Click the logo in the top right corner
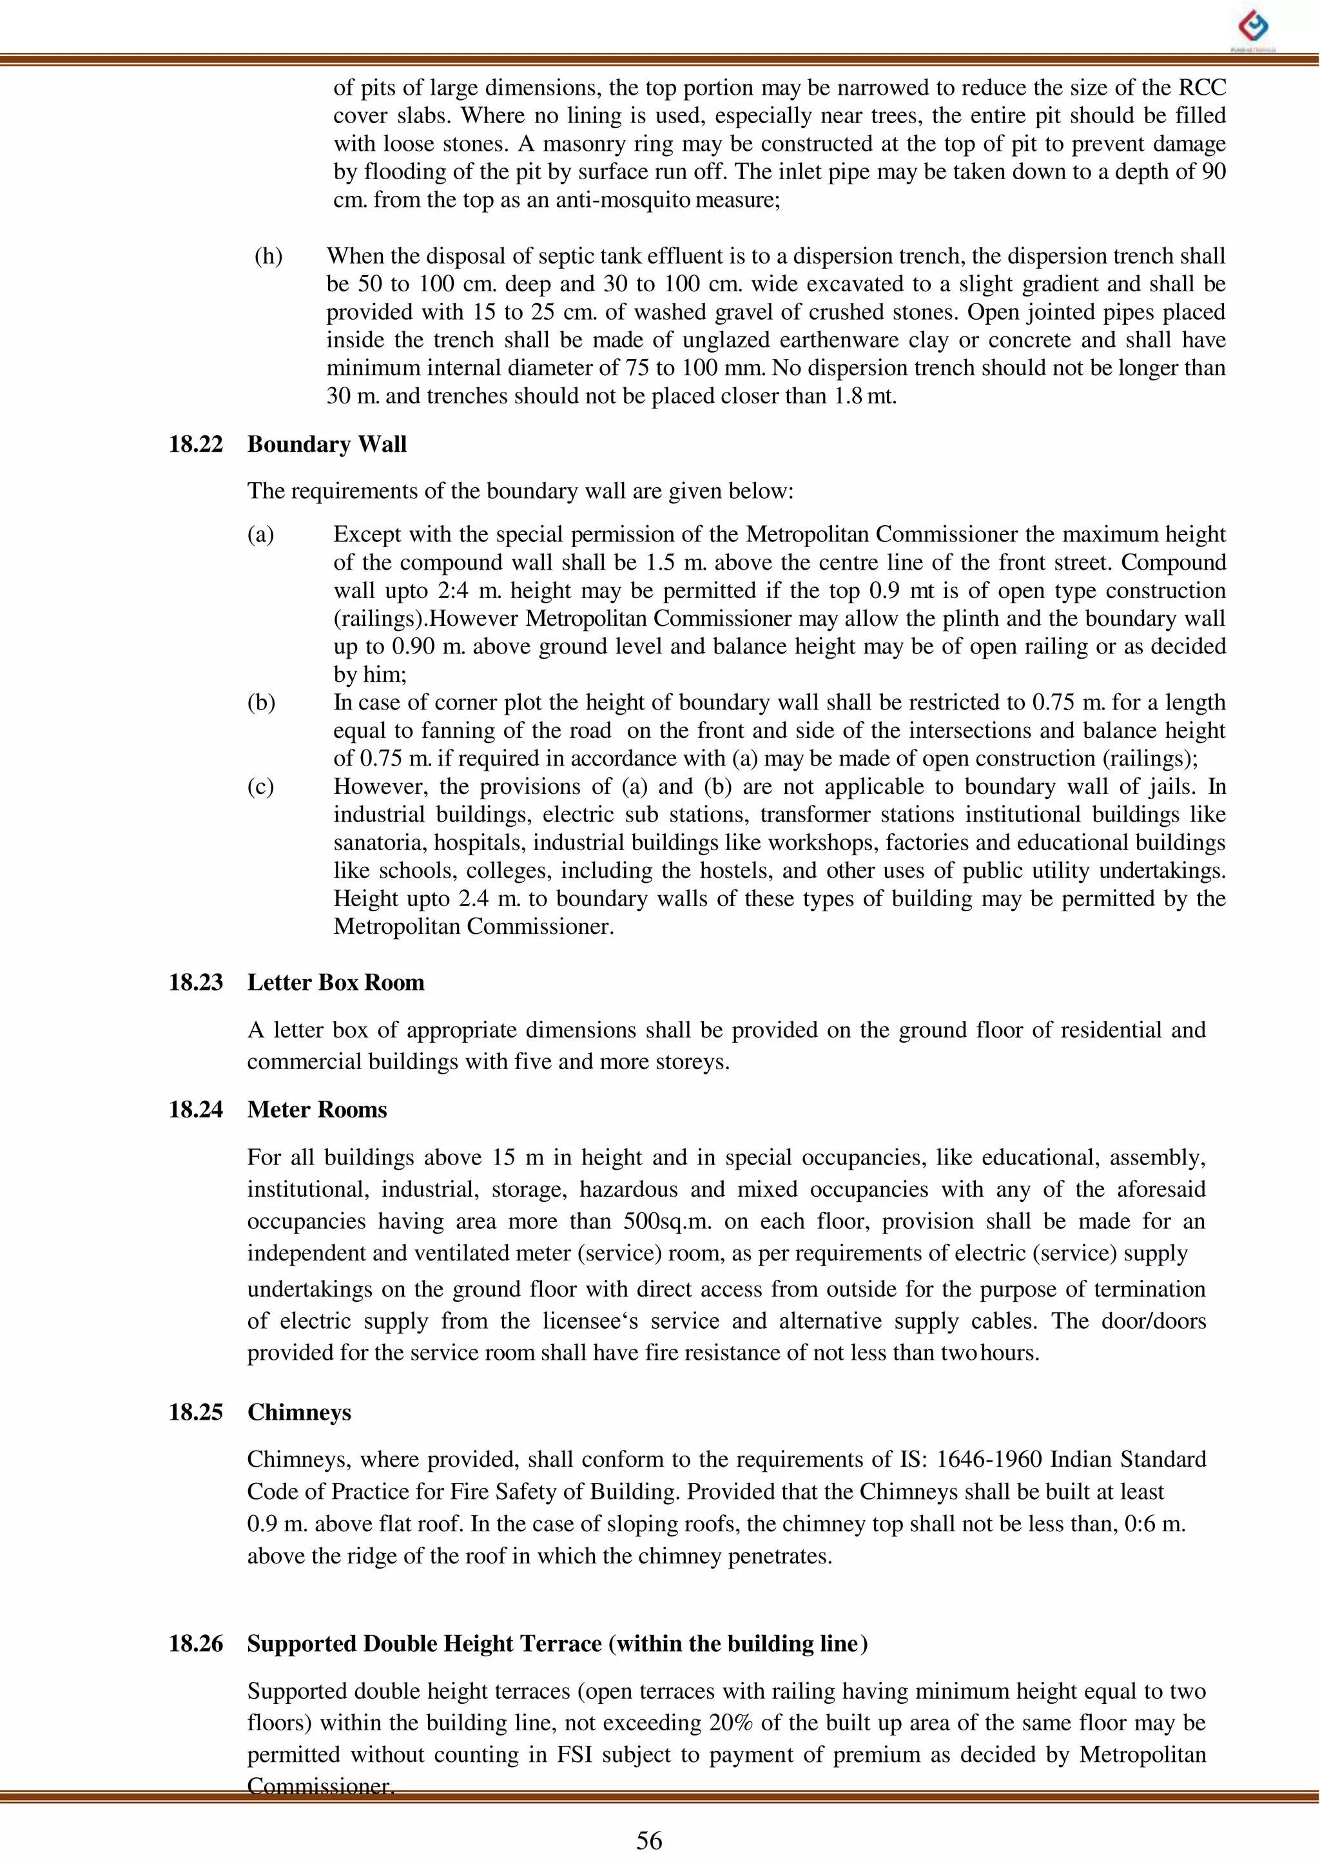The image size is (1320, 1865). [1252, 28]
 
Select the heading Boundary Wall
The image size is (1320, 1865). [327, 445]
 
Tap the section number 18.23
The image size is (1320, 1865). [195, 983]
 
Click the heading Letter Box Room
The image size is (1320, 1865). [336, 983]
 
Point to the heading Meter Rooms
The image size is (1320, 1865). [317, 1110]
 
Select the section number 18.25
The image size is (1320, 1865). [195, 1413]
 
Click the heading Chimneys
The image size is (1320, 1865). [299, 1413]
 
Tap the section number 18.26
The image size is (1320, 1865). [195, 1644]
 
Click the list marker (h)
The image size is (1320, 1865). [268, 256]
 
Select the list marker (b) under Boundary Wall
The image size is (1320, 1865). [261, 703]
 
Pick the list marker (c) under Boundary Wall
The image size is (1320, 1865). [261, 787]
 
